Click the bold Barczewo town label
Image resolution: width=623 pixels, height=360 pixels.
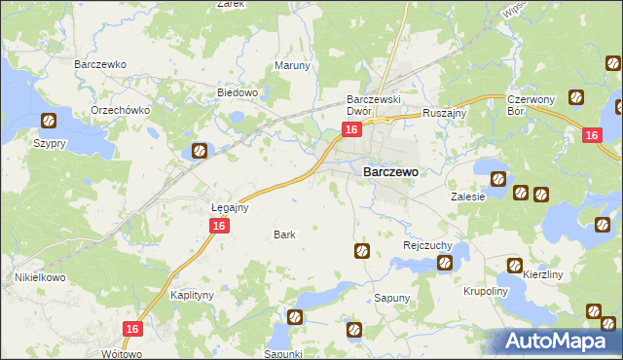(390, 171)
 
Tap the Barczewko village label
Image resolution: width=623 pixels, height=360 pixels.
(101, 64)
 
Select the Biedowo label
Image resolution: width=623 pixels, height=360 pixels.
(237, 93)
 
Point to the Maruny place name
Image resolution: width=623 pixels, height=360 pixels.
(292, 65)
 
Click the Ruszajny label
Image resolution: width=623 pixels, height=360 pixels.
(445, 113)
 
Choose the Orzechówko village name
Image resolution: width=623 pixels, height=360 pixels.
(120, 110)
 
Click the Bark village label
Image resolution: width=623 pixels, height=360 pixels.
(284, 234)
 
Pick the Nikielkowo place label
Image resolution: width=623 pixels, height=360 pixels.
(39, 277)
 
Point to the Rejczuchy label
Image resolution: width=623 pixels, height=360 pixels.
(424, 245)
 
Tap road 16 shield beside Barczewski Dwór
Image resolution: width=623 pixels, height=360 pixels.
(352, 129)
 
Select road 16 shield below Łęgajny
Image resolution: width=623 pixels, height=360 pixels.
(219, 226)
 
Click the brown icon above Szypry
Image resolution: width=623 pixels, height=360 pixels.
(49, 122)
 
